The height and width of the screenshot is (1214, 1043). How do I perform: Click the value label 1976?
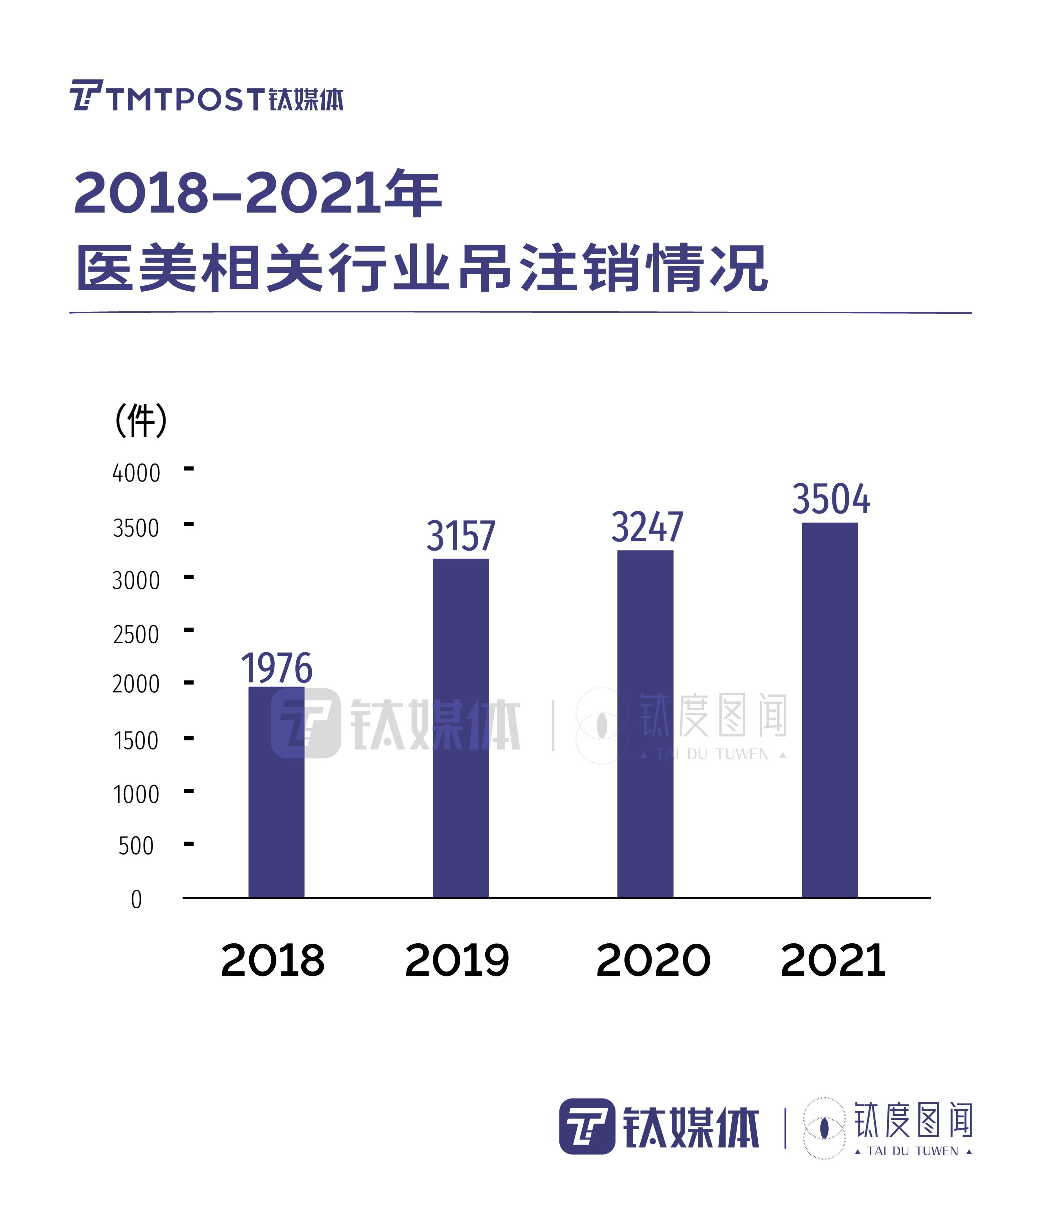(x=277, y=668)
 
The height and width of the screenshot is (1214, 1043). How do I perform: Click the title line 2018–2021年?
(x=258, y=193)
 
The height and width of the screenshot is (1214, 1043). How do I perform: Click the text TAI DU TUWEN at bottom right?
(x=912, y=1151)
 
